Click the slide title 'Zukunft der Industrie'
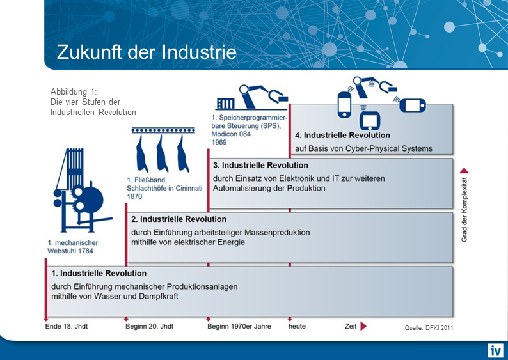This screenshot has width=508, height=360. tap(147, 52)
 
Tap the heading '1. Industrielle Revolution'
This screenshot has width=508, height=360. tap(99, 274)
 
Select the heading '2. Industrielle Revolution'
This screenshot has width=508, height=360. tap(179, 219)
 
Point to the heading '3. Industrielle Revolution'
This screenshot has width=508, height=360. tap(260, 166)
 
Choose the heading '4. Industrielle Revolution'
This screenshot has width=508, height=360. tap(342, 136)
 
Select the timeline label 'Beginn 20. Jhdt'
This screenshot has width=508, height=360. tap(149, 326)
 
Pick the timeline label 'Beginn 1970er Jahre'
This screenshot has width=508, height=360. tap(239, 326)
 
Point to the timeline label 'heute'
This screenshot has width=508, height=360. tap(297, 326)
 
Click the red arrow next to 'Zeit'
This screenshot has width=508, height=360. tap(363, 326)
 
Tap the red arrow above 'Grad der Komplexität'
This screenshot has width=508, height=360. tap(465, 171)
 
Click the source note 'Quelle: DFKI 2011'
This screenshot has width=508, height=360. tap(429, 327)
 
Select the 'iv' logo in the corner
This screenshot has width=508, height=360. tap(496, 350)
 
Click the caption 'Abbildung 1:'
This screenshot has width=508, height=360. tap(73, 91)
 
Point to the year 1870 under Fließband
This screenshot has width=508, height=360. tap(135, 197)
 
